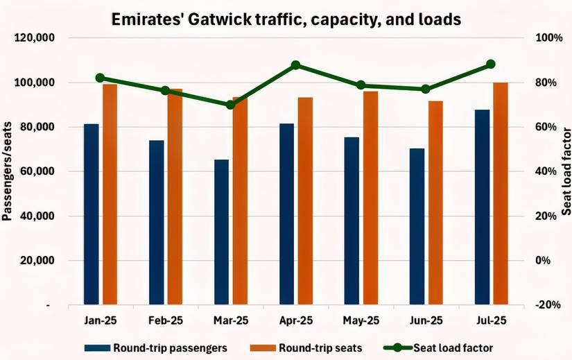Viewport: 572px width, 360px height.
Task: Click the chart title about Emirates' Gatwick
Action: pos(286,19)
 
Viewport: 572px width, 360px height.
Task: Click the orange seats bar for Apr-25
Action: pos(305,200)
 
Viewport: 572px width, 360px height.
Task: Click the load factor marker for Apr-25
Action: pos(295,65)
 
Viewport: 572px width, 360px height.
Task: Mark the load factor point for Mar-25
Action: pos(230,105)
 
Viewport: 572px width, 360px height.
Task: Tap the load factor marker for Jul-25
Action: pos(491,64)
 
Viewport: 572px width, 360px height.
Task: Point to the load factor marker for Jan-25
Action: pos(100,78)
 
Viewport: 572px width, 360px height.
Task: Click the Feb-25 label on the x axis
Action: pos(166,320)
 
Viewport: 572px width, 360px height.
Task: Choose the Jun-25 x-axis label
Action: pos(426,320)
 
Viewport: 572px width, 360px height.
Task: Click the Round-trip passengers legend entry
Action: pos(155,347)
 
